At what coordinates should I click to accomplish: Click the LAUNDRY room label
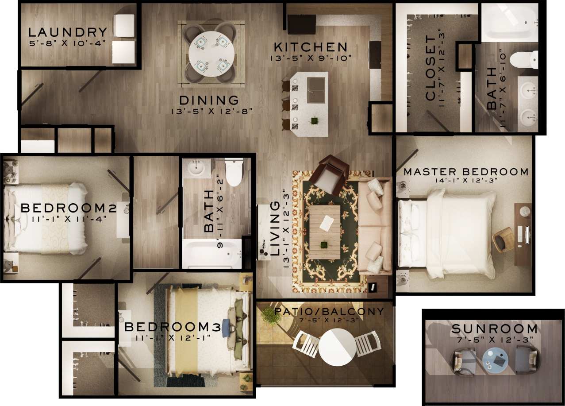[68, 32]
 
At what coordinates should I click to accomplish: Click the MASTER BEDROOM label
[466, 172]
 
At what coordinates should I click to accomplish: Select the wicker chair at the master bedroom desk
[504, 239]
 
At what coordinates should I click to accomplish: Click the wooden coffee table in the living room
[325, 232]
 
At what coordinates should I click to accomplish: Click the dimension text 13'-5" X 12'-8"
[211, 111]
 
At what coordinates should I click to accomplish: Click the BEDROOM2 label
[62, 208]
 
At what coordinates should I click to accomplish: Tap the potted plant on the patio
[269, 315]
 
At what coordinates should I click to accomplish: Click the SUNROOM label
[494, 329]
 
